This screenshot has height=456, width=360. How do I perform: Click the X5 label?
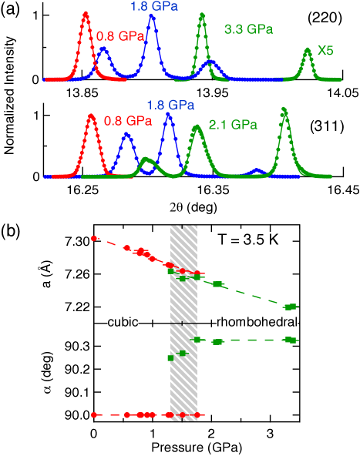coord(325,51)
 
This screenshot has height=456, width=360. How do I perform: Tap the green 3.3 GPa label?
coord(248,30)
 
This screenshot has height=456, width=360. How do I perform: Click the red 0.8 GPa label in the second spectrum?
coord(128,121)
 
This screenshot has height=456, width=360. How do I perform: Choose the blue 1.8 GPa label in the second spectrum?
coord(170,105)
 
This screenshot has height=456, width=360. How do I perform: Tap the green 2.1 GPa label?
coord(233,124)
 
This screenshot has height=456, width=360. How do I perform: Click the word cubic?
coord(123,322)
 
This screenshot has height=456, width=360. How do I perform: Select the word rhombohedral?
coord(257,322)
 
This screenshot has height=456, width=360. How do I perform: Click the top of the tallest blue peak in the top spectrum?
coord(152,16)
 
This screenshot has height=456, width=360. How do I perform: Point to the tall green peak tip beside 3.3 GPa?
coord(202,15)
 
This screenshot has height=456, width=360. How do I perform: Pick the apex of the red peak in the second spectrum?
coord(91,117)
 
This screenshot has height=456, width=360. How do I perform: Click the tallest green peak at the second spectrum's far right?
coord(284,109)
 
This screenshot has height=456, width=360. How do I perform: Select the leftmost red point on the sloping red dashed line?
coord(94,239)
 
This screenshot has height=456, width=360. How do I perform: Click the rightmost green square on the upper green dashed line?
coord(291,307)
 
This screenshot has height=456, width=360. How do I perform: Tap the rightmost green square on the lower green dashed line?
coord(291,340)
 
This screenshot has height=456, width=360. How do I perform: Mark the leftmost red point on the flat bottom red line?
coord(94,415)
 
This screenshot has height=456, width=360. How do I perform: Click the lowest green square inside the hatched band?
coord(170,358)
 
